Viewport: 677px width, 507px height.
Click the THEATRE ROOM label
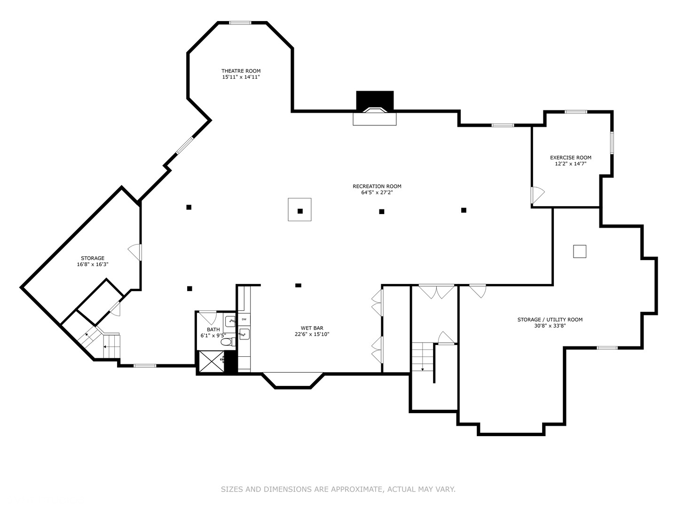(241, 71)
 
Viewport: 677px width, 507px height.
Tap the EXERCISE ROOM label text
(571, 158)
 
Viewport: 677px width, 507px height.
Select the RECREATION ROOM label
(377, 186)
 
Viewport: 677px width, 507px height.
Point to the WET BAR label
(312, 328)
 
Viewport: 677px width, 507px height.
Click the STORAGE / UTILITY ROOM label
(550, 320)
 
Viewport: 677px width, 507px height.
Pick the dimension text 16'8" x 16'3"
(93, 264)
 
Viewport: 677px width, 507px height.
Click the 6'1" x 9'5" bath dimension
(213, 336)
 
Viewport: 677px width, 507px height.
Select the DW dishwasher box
(244, 319)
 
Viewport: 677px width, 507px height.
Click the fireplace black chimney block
(375, 100)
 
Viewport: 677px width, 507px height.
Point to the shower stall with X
(211, 361)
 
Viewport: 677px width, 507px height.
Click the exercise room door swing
(537, 195)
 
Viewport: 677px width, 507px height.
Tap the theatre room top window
(240, 23)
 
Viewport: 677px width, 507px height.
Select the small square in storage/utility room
(580, 251)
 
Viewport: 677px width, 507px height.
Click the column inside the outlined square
(300, 211)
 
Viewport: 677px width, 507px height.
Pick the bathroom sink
(230, 322)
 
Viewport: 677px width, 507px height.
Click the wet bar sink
(244, 334)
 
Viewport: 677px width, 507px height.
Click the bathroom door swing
(208, 318)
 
